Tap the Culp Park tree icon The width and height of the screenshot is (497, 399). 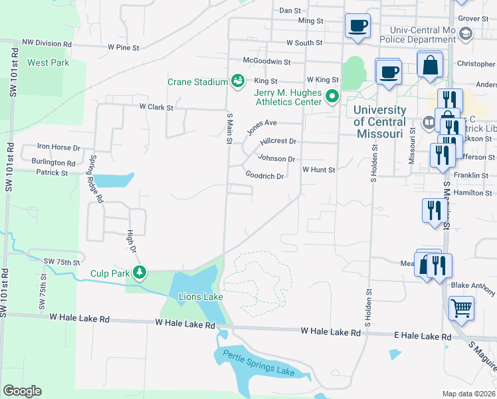click(x=140, y=272)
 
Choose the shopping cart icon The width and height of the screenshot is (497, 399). click(x=461, y=308)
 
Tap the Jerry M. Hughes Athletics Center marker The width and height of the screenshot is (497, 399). click(x=332, y=98)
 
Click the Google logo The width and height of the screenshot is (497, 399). click(x=22, y=391)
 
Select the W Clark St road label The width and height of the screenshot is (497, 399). click(x=156, y=106)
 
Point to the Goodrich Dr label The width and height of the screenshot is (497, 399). click(x=265, y=176)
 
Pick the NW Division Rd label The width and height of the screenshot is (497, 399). click(x=47, y=43)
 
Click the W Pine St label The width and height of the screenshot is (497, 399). click(x=124, y=48)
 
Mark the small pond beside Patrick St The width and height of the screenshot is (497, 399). click(x=114, y=180)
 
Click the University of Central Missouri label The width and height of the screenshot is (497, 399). click(x=379, y=122)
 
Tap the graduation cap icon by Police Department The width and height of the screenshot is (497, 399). click(x=466, y=33)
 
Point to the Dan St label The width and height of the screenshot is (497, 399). click(x=290, y=11)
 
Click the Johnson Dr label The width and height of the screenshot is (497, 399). click(x=276, y=159)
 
